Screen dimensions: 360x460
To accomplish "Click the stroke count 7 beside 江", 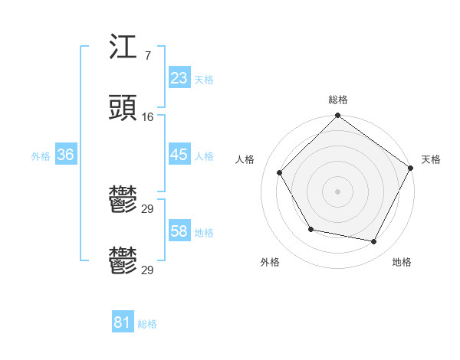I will pos(147,57).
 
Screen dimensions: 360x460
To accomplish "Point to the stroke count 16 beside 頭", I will pos(148,116).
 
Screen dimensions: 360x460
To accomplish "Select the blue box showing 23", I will pos(179,77).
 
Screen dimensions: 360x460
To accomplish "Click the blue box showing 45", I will pos(179,155).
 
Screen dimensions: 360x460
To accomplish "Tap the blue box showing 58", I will pos(179,231).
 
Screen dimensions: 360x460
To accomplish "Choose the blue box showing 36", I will pos(65,155).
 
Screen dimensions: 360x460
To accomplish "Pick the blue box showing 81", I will pos(122,322).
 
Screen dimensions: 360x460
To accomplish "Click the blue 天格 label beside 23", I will pos(204,79).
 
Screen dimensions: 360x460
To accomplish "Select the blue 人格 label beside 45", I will pos(204,155).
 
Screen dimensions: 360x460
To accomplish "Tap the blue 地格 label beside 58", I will pos(204,232).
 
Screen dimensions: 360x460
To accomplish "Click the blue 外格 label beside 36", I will pos(41,155).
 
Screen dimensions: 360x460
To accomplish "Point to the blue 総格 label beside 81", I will pos(147,323).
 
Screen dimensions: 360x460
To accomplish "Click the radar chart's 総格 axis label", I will pos(338,100).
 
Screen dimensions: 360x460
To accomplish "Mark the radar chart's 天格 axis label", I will pos(431,159).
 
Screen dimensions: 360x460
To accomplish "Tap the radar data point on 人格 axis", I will pos(280,172).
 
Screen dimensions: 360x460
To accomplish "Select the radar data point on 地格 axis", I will pos(374,242).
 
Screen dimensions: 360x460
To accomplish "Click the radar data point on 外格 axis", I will pos(310,229).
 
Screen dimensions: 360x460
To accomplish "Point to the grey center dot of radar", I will pos(338,191).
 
